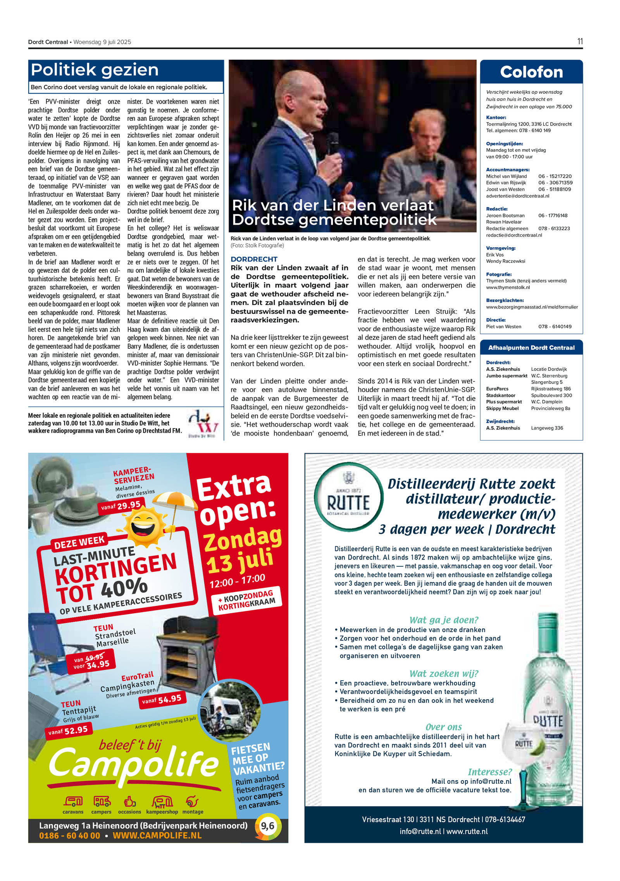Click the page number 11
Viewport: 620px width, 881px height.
pos(580,41)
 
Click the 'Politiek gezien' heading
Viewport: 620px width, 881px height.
pos(95,70)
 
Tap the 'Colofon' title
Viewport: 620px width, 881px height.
pos(531,72)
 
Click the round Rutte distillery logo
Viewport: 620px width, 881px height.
pos(348,496)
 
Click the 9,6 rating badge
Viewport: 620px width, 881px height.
pos(267,826)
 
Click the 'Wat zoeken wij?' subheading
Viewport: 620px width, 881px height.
pos(444,673)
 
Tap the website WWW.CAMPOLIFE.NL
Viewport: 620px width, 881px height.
pos(157,835)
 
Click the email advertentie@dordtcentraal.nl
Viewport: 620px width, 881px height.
pos(517,196)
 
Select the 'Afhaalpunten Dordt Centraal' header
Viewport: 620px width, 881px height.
pos(531,348)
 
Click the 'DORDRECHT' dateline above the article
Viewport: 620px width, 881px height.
pos(254,259)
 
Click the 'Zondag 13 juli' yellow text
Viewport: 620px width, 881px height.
pos(242,551)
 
